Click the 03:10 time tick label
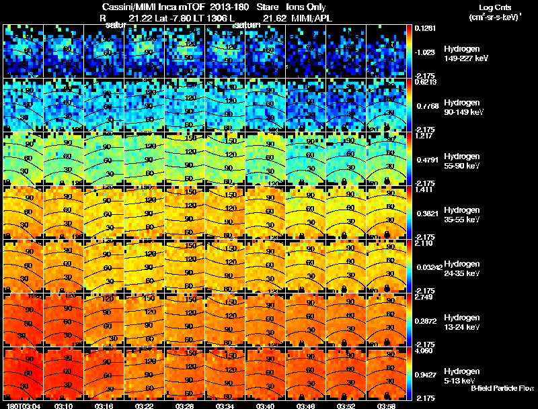pyautogui.click(x=65, y=406)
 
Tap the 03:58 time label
pyautogui.click(x=386, y=406)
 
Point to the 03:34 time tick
pyautogui.click(x=226, y=406)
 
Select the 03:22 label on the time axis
pyautogui.click(x=145, y=406)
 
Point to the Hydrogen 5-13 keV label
pyautogui.click(x=462, y=375)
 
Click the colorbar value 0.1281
pyautogui.click(x=424, y=28)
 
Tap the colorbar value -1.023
pyautogui.click(x=424, y=51)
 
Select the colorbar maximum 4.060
pyautogui.click(x=424, y=351)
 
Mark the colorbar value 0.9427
pyautogui.click(x=425, y=375)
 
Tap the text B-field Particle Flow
pyautogui.click(x=502, y=388)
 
